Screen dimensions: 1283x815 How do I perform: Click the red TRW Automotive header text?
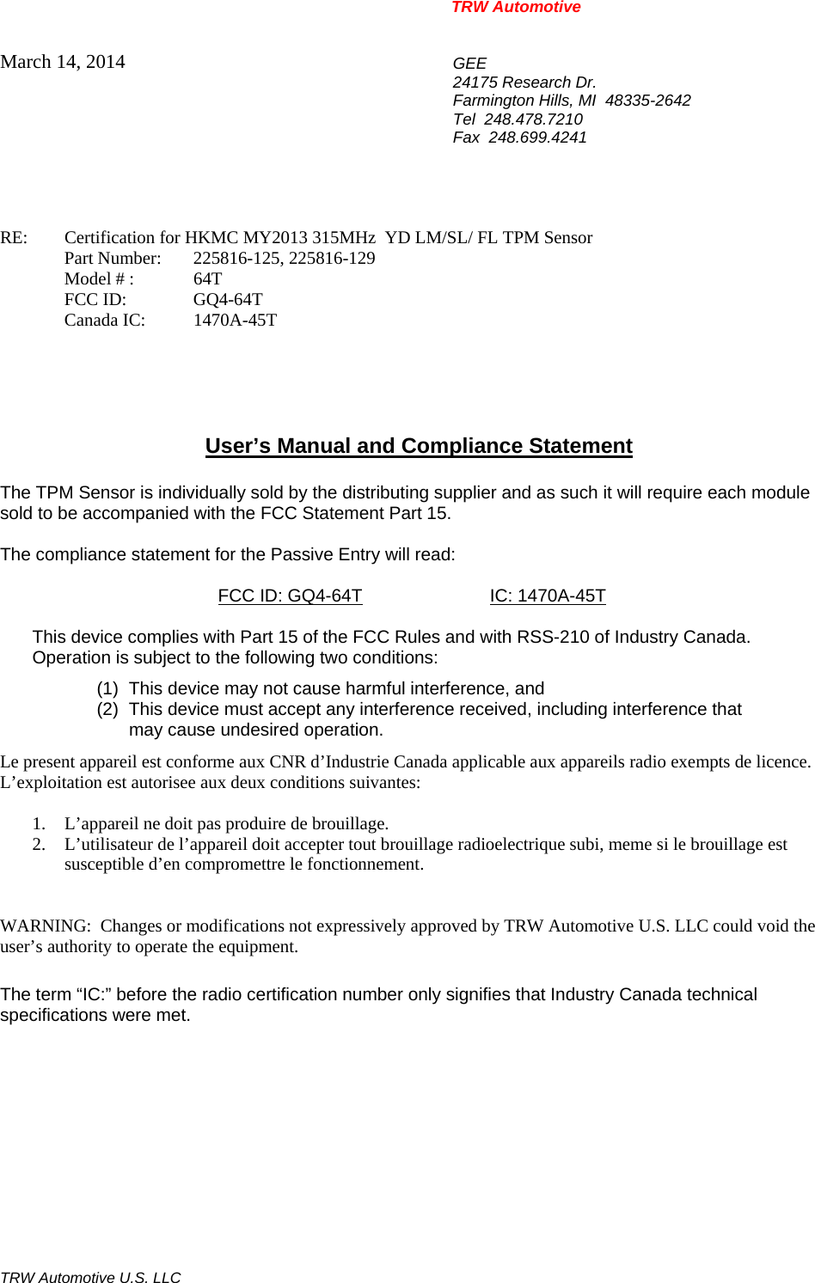coord(516,8)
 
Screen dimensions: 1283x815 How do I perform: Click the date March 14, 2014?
coord(63,62)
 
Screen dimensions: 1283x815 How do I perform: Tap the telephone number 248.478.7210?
coord(533,119)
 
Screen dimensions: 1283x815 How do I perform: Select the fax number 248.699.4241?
coord(537,137)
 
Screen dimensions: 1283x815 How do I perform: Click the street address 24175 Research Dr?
coord(524,82)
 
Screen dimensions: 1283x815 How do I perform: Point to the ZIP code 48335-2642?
coord(648,101)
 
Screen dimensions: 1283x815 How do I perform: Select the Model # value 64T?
coord(207,279)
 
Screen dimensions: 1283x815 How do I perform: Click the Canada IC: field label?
coord(105,321)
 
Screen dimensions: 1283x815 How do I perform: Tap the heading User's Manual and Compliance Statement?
coord(419,446)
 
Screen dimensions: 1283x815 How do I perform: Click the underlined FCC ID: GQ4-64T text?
coord(290,596)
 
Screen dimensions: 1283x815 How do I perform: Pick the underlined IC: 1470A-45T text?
coord(548,596)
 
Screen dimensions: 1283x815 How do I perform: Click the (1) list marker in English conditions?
coord(107,689)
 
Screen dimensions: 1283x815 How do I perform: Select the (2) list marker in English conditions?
coord(107,710)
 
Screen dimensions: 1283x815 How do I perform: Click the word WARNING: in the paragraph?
coord(45,926)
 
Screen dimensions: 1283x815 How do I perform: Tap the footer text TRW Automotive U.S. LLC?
coord(90,1278)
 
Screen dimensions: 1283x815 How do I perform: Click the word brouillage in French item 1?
coord(351,824)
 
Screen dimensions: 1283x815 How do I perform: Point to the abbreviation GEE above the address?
coord(469,64)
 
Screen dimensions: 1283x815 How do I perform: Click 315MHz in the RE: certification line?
coord(344,238)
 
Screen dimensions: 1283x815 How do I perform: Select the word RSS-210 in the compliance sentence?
coord(546,638)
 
